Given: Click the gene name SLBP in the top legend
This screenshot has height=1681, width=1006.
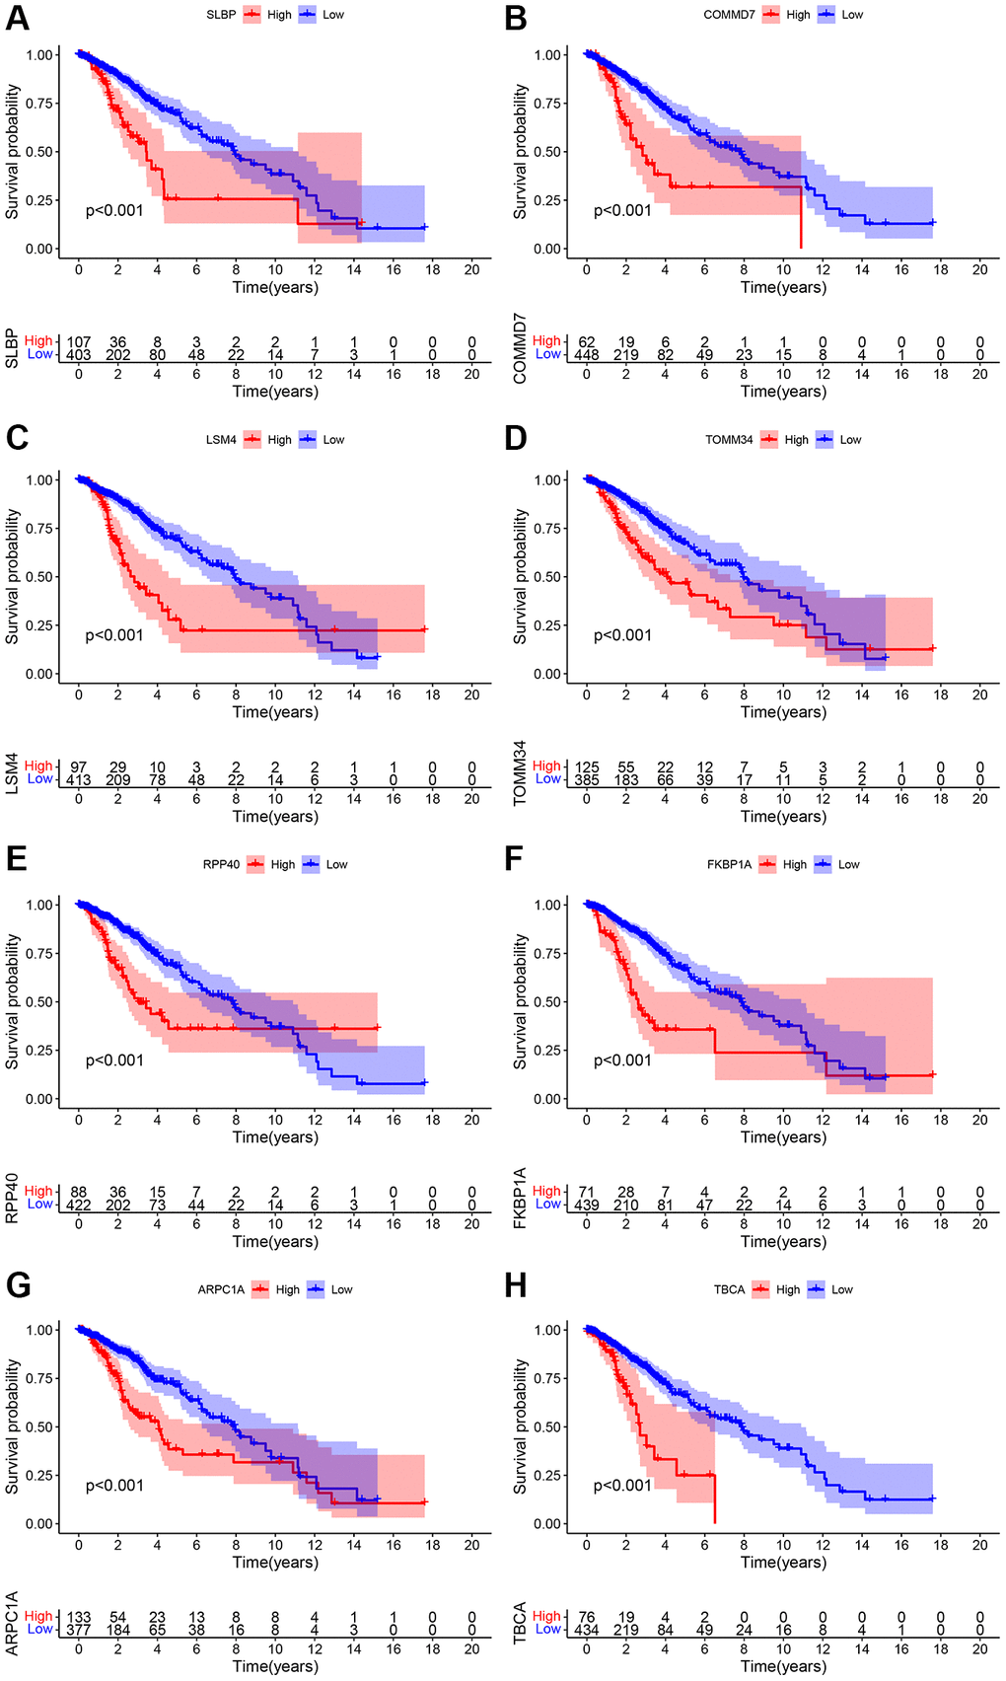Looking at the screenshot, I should pos(221,15).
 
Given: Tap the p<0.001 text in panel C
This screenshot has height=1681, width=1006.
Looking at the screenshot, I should pos(114,635).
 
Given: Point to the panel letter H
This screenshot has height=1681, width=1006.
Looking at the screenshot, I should pos(515,1284).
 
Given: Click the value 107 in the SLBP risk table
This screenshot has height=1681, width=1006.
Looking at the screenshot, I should pos(79,342).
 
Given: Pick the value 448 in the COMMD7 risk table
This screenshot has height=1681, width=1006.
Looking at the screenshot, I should pos(586,355).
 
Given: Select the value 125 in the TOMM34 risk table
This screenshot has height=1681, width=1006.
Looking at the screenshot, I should pos(586,767).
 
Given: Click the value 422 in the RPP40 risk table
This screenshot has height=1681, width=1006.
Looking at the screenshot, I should pos(79,1205).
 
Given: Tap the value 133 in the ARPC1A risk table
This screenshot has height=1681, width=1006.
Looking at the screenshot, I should pos(79,1617).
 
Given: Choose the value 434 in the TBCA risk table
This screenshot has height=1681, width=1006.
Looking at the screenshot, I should pos(586,1630).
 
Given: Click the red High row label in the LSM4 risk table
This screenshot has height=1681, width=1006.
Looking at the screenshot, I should pos(38,766).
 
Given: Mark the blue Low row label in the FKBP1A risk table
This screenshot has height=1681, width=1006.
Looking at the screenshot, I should pos(547,1204).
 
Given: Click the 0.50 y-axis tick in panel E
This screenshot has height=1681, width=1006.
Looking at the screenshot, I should pos(40,1001).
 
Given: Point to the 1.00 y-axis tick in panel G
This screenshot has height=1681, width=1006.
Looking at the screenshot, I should pos(40,1330).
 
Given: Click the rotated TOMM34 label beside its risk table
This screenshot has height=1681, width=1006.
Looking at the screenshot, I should pos(520,773).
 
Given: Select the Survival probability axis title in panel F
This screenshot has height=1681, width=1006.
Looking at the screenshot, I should pos(520,1001).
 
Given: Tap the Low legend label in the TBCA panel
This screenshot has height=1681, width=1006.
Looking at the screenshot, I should pos(841,1289).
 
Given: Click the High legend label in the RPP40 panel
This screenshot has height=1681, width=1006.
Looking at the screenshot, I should pos(283,864).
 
